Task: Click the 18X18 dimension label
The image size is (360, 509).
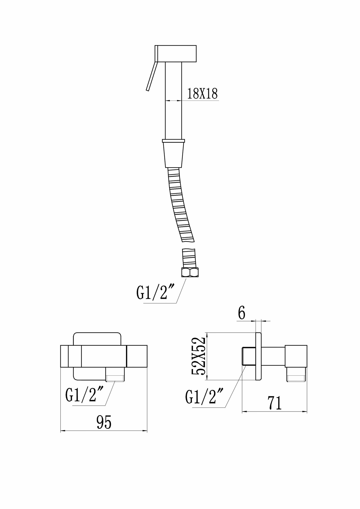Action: tap(202, 94)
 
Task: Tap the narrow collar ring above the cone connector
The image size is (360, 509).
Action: tap(173, 140)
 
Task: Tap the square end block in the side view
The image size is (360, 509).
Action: tap(296, 356)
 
